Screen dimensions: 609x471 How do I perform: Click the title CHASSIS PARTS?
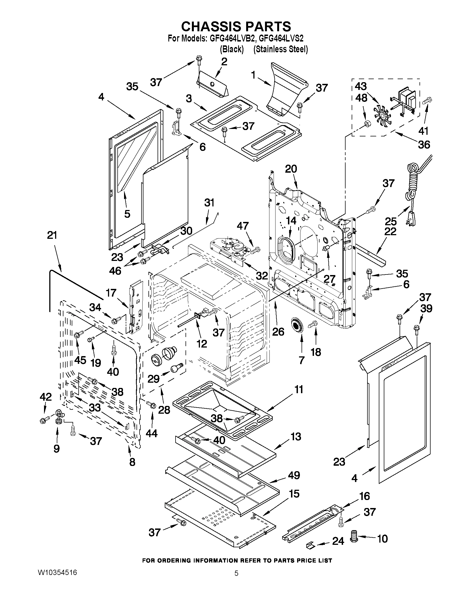tap(236, 27)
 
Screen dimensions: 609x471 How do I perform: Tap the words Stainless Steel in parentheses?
tap(280, 49)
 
